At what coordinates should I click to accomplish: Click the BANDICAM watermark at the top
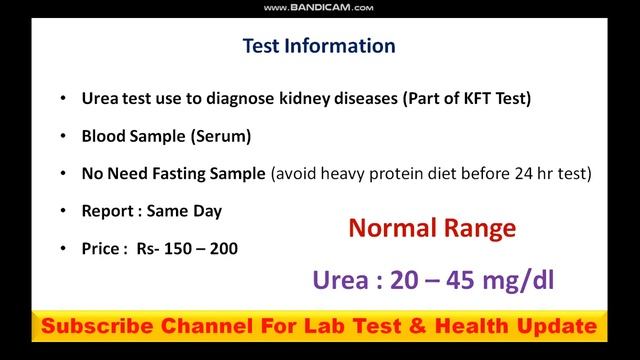[319, 8]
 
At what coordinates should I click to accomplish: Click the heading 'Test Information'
[319, 46]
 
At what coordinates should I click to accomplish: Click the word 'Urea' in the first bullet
[98, 99]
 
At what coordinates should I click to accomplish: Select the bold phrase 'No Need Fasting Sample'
[174, 173]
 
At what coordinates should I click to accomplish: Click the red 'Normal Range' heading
[432, 229]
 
